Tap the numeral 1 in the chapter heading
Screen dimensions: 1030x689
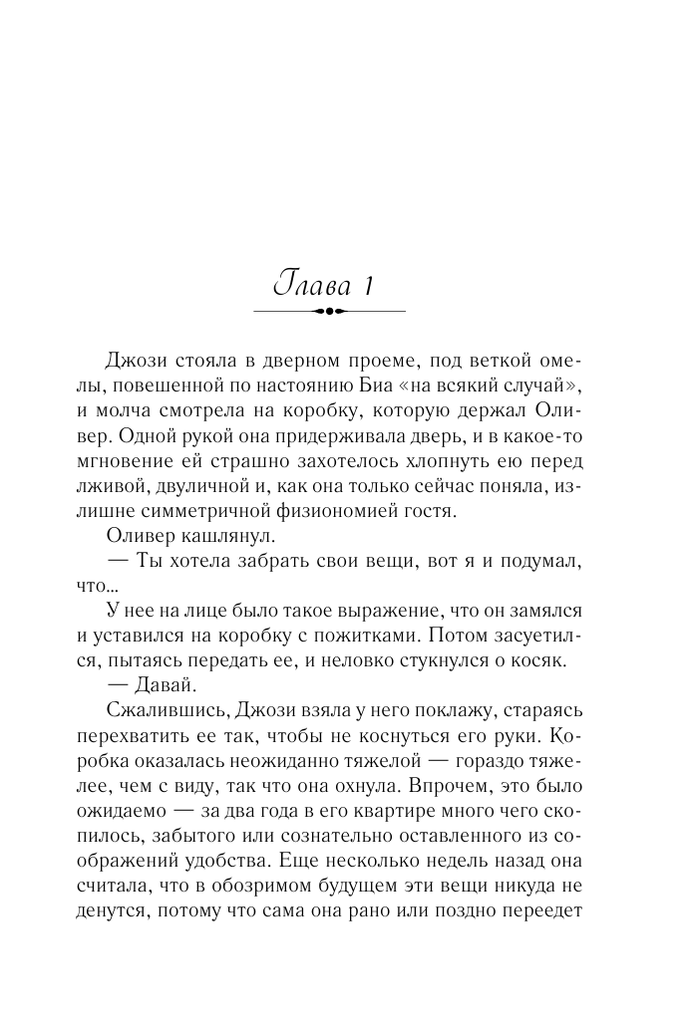click(x=367, y=287)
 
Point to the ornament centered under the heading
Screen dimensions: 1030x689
click(x=330, y=313)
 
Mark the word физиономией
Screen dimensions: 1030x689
click(x=329, y=513)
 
